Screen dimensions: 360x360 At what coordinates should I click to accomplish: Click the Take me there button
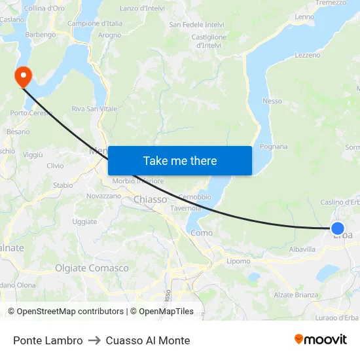(180, 160)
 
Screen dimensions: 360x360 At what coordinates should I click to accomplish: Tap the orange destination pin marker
(23, 77)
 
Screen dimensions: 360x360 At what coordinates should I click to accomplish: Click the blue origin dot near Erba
(338, 228)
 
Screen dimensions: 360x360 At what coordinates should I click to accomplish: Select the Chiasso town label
(151, 199)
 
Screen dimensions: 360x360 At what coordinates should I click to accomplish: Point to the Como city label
(202, 232)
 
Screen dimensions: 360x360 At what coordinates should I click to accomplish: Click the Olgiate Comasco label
(92, 268)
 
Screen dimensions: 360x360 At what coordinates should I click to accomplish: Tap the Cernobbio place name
(194, 196)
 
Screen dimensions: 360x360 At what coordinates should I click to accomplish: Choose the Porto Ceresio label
(28, 113)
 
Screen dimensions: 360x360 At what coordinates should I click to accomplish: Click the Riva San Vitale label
(95, 109)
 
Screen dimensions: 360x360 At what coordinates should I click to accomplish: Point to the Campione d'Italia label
(95, 24)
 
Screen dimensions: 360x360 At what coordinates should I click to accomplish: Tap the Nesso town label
(272, 101)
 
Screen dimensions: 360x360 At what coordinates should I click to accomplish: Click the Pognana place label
(274, 147)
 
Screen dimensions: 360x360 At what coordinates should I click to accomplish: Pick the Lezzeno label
(308, 56)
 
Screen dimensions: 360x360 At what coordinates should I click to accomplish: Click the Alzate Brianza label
(295, 295)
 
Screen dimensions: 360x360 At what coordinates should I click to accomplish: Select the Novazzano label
(104, 196)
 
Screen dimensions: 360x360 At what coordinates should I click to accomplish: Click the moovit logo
(321, 340)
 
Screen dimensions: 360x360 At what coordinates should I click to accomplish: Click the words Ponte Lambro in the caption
(48, 340)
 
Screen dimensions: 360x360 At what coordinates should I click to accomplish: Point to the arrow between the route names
(94, 340)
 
